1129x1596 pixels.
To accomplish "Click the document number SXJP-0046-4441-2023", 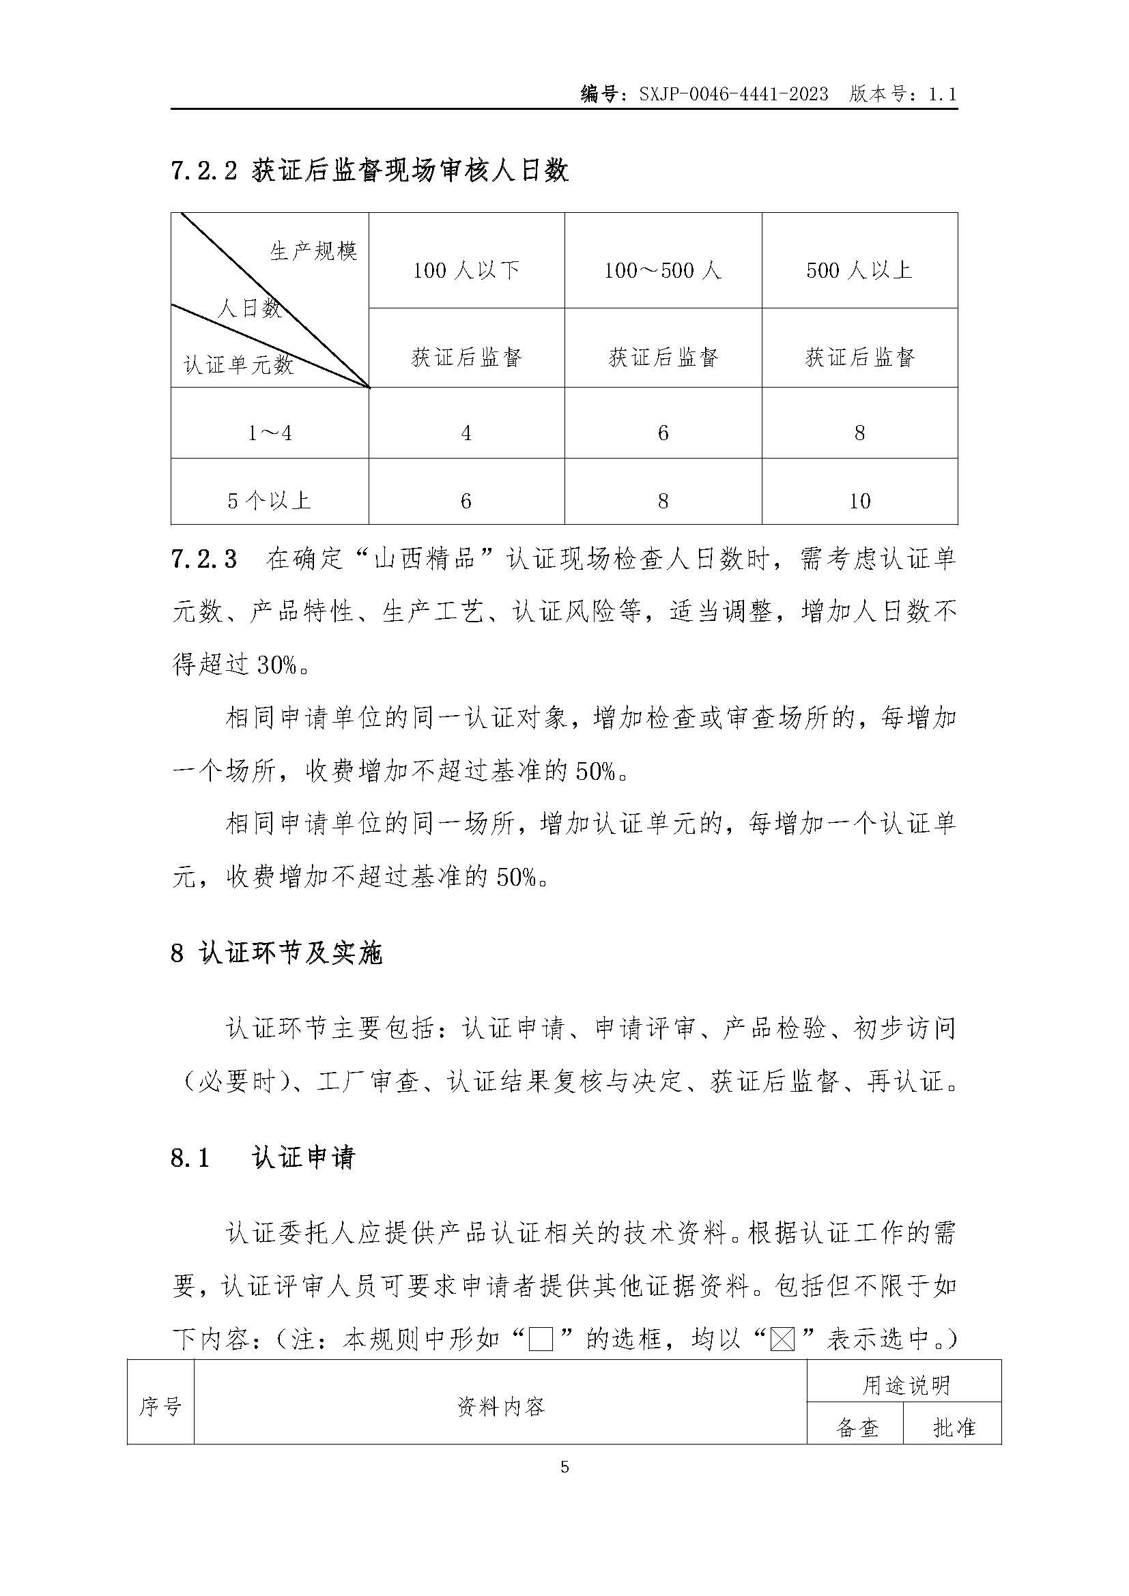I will [733, 95].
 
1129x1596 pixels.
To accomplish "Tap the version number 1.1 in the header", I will [943, 95].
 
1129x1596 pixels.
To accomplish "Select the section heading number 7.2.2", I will [204, 171].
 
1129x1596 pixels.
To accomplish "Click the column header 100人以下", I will [466, 270].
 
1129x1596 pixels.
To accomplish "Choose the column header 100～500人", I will [663, 270].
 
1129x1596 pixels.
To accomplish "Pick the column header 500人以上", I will [859, 270].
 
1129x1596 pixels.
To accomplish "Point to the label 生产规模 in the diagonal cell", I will [313, 251].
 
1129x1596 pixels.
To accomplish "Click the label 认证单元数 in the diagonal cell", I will [238, 365].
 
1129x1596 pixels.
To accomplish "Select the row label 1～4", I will [270, 434].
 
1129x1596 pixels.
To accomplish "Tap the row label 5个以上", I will [269, 500].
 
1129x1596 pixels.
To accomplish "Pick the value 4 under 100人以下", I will [466, 434].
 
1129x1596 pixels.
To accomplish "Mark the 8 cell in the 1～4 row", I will [859, 434].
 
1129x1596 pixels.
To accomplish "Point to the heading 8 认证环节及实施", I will [276, 954].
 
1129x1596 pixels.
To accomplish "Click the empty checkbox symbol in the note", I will [541, 1339].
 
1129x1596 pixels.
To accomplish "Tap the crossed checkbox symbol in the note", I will [783, 1339].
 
